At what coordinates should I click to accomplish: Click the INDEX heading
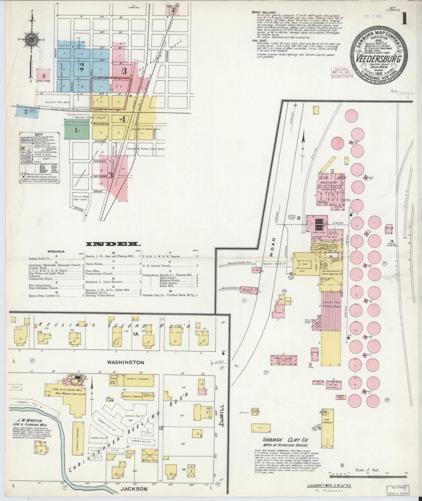pos(113,244)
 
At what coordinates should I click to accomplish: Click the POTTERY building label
pos(331,182)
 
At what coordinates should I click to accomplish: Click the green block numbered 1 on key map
pos(76,130)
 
